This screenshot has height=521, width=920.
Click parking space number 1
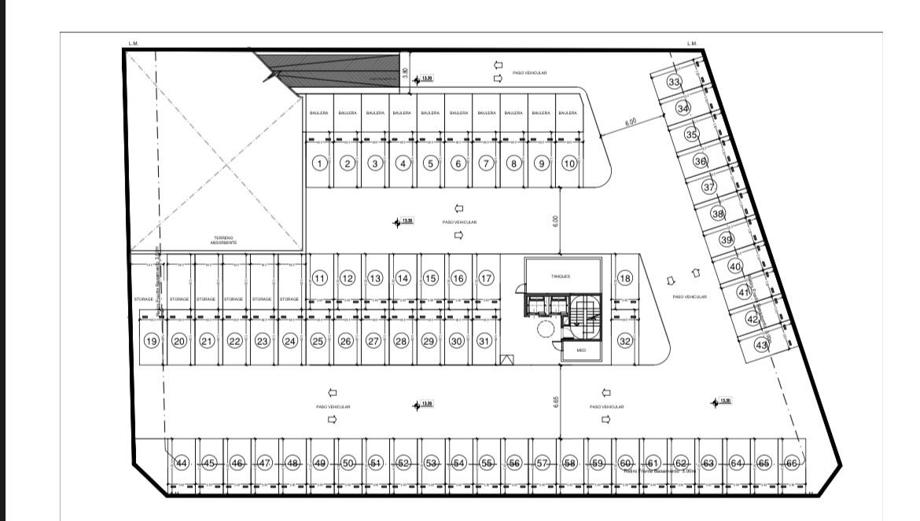[x=319, y=163]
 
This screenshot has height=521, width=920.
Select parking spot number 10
[x=569, y=163]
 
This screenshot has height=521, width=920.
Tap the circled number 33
[x=674, y=82]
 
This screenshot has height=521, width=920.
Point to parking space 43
[x=761, y=344]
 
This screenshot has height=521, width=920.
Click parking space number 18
[x=625, y=278]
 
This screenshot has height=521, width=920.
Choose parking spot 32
[x=625, y=341]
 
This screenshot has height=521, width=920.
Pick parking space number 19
[x=152, y=341]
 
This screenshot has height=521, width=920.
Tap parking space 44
[x=182, y=463]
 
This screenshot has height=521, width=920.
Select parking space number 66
[x=791, y=463]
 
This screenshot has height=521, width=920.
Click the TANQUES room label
[x=561, y=277]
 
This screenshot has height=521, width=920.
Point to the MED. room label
[x=581, y=350]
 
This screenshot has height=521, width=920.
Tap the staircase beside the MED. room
[x=583, y=314]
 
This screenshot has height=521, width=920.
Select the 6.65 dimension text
[x=556, y=402]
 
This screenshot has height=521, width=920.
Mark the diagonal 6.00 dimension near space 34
[x=631, y=123]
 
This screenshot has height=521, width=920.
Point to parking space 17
[x=486, y=278]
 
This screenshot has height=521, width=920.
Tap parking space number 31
[x=484, y=341]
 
